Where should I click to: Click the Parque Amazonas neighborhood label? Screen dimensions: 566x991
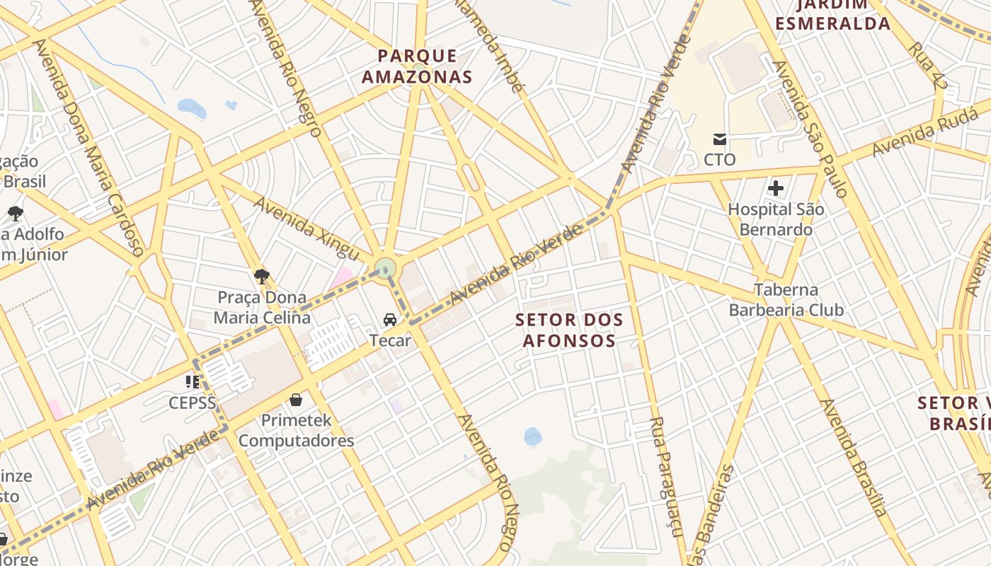pos(417,67)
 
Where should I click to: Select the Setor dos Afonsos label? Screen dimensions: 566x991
pos(569,330)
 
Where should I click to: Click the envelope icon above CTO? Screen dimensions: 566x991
pos(720,139)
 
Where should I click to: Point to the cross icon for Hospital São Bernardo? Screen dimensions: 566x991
pos(776,188)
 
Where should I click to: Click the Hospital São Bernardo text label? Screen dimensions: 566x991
pos(776,219)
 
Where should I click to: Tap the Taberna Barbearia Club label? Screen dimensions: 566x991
pos(786,300)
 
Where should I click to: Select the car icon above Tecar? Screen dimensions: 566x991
pos(389,320)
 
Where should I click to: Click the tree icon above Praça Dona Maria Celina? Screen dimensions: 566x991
pos(262,276)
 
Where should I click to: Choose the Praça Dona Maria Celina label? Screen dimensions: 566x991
pos(262,308)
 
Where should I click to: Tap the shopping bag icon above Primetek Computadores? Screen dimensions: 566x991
pos(296,400)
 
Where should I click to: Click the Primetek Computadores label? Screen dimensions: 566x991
pos(296,430)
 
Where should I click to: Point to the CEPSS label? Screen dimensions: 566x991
pos(192,403)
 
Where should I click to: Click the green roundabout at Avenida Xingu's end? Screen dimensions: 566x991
pos(385,268)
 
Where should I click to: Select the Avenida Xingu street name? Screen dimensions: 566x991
pos(307,229)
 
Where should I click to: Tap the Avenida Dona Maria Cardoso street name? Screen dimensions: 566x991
pos(89,147)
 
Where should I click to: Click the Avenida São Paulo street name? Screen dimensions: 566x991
pos(810,129)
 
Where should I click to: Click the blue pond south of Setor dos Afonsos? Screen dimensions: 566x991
pos(533,437)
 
